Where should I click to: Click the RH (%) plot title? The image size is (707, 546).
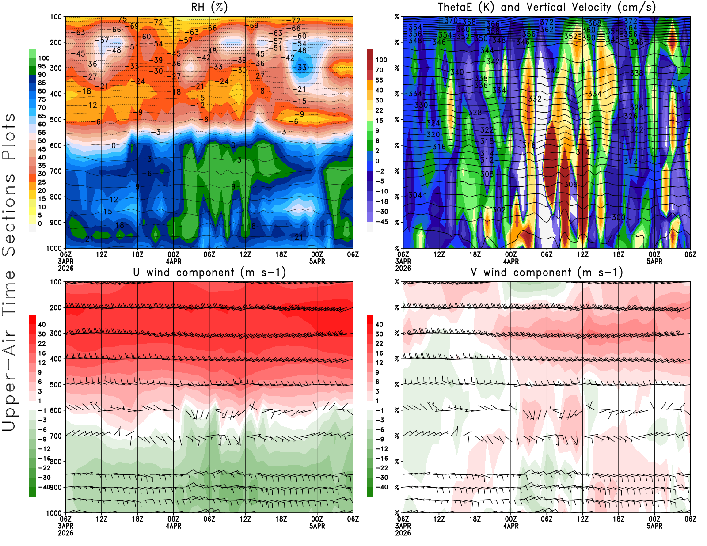pyautogui.click(x=209, y=8)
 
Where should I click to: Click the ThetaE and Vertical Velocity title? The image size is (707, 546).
pyautogui.click(x=547, y=8)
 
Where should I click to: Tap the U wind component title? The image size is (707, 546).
pyautogui.click(x=209, y=273)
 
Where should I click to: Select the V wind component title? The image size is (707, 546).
pyautogui.click(x=547, y=273)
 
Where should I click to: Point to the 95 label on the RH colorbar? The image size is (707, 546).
pyautogui.click(x=42, y=66)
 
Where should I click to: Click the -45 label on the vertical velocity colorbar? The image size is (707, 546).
pyautogui.click(x=382, y=222)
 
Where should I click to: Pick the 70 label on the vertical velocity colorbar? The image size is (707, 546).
pyautogui.click(x=379, y=70)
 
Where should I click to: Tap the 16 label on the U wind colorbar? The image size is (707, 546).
pyautogui.click(x=42, y=353)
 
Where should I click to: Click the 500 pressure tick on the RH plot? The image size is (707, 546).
pyautogui.click(x=56, y=120)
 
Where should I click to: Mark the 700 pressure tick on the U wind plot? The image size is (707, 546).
pyautogui.click(x=56, y=436)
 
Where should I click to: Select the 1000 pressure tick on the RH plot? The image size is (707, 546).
pyautogui.click(x=54, y=248)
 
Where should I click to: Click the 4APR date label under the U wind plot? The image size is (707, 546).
pyautogui.click(x=174, y=526)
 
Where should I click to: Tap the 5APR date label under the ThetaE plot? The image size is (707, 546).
pyautogui.click(x=654, y=261)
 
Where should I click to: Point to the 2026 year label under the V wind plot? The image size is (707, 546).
pyautogui.click(x=403, y=533)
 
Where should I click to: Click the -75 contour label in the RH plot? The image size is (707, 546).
pyautogui.click(x=120, y=19)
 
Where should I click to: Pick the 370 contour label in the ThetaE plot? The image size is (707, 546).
pyautogui.click(x=451, y=20)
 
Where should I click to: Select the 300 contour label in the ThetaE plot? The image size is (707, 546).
pyautogui.click(x=619, y=217)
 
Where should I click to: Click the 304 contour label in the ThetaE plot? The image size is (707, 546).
pyautogui.click(x=415, y=195)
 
